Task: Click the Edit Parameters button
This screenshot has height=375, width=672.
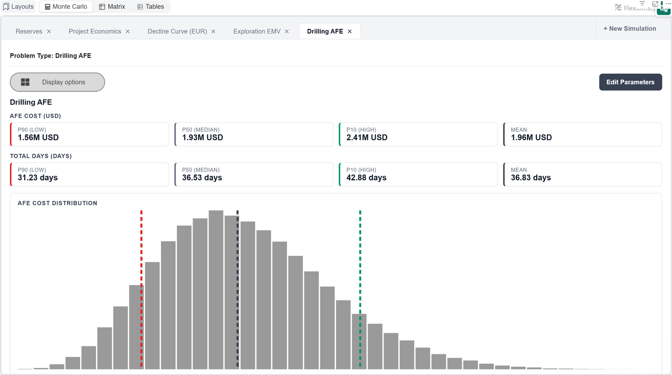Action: coord(630,82)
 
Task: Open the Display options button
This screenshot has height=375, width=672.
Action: coord(57,82)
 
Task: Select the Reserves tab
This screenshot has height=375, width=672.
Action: coord(29,32)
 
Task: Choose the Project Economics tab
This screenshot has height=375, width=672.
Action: coord(95,32)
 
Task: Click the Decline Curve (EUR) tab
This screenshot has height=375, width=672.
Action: coord(177,32)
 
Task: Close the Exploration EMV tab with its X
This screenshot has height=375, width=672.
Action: coord(287,32)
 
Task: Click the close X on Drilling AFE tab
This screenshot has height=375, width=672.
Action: coord(350,32)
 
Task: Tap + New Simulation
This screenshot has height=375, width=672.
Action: coord(630,28)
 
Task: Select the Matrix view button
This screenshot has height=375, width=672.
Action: coord(112,7)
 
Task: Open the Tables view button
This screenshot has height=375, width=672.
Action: coord(151,7)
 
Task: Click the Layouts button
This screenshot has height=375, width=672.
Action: coord(18,7)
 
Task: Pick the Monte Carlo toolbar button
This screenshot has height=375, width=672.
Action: coord(66,7)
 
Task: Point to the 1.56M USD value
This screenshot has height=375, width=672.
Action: coord(38,137)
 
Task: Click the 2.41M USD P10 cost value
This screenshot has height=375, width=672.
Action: coord(367,137)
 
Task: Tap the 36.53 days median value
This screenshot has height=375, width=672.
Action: coord(202,178)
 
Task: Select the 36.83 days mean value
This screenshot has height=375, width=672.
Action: coord(531,178)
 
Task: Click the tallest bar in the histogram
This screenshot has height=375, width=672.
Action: coord(216,290)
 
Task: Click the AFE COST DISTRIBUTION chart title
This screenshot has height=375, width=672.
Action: coord(57,203)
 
